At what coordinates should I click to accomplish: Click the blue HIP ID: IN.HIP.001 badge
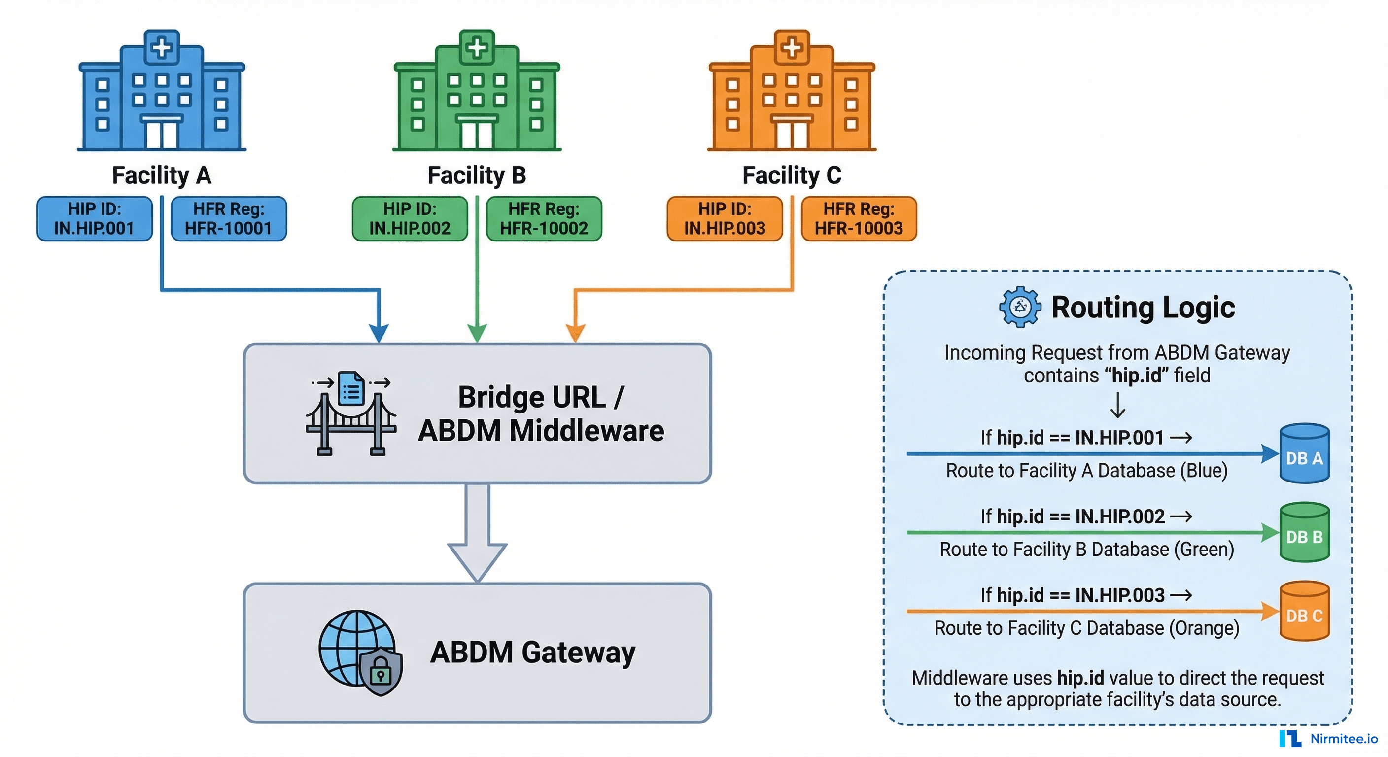(94, 219)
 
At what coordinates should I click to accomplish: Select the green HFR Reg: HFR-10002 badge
(544, 219)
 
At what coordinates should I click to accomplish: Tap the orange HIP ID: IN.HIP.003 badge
(724, 219)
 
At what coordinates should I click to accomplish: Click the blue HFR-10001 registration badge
(229, 219)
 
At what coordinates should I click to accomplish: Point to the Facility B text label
(476, 175)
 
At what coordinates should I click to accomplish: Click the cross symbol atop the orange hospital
(792, 47)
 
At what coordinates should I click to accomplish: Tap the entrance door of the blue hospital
(162, 134)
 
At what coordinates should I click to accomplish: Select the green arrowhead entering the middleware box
(477, 333)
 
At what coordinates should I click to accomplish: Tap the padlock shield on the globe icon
(381, 671)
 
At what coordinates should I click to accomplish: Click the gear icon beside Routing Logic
(1019, 307)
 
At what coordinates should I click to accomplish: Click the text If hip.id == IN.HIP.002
(1072, 516)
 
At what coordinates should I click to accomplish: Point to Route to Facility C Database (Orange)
(1086, 629)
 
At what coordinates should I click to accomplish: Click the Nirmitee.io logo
(1328, 739)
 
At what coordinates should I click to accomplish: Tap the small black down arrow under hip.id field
(1117, 406)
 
